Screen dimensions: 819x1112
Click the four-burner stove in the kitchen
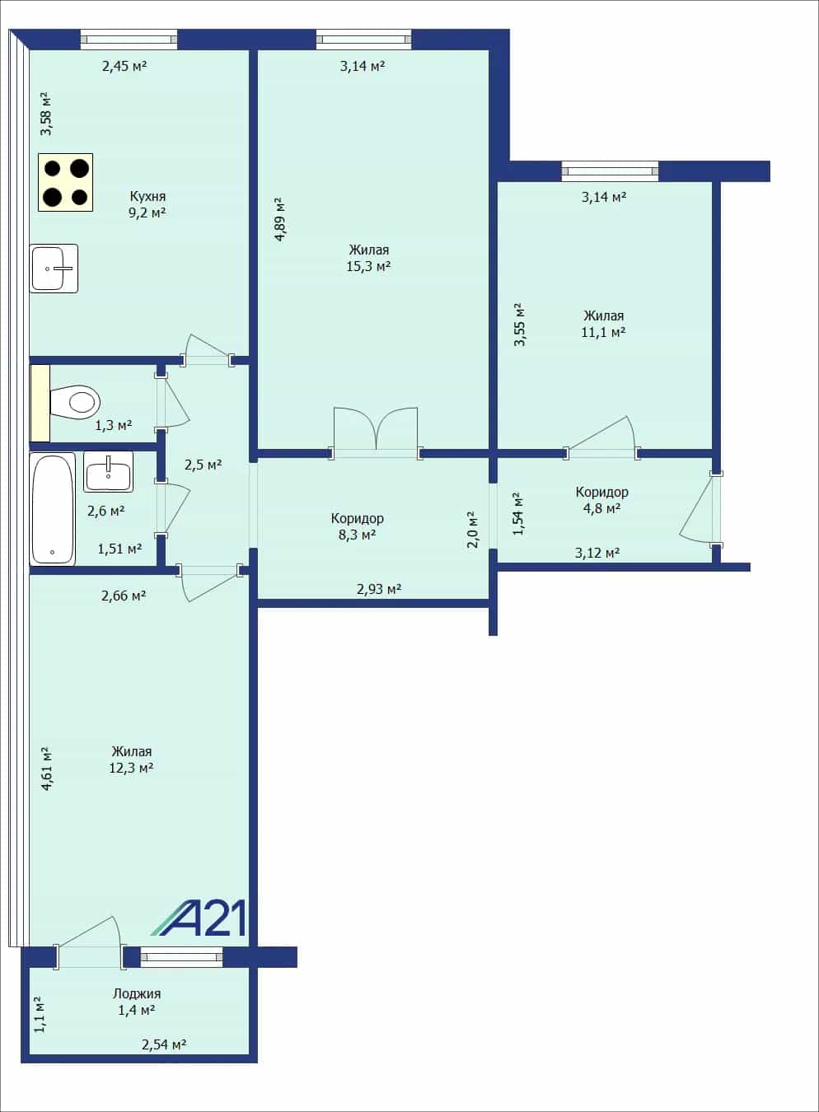pyautogui.click(x=66, y=183)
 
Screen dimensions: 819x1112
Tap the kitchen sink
pyautogui.click(x=54, y=269)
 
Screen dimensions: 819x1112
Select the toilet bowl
pyautogui.click(x=75, y=402)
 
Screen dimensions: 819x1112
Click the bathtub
pyautogui.click(x=53, y=509)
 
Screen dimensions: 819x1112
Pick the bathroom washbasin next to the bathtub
pyautogui.click(x=108, y=472)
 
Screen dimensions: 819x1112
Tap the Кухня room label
pyautogui.click(x=147, y=196)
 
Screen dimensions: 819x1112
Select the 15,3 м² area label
pyautogui.click(x=368, y=266)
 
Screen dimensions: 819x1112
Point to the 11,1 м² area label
pyautogui.click(x=603, y=332)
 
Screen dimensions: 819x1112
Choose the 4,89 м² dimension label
pyautogui.click(x=280, y=219)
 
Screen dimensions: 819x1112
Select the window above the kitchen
pyautogui.click(x=129, y=40)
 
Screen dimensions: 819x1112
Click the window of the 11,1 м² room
pyautogui.click(x=610, y=171)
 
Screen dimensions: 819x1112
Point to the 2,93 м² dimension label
pyautogui.click(x=379, y=589)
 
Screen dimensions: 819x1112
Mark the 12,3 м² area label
pyautogui.click(x=131, y=768)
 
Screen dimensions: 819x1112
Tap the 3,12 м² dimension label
pyautogui.click(x=597, y=553)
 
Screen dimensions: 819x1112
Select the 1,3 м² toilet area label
pyautogui.click(x=113, y=425)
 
